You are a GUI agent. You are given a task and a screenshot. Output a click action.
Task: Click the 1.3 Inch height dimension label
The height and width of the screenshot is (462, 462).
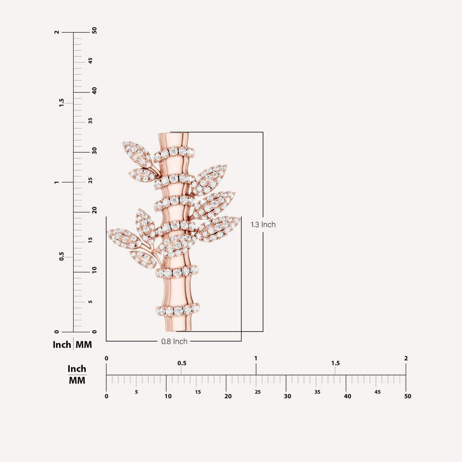click(263, 224)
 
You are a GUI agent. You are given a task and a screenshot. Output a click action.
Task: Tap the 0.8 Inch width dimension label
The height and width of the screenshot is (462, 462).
click(174, 341)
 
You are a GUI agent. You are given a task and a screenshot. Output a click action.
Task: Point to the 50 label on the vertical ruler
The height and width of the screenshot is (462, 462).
click(94, 30)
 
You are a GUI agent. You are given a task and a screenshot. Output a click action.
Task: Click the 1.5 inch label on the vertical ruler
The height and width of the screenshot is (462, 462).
click(61, 103)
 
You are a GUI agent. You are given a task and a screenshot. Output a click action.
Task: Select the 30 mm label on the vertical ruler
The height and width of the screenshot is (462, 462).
click(94, 151)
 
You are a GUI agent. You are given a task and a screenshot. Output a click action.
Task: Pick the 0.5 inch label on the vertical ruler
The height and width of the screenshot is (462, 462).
click(61, 256)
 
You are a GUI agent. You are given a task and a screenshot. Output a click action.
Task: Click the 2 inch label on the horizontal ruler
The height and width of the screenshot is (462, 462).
click(406, 358)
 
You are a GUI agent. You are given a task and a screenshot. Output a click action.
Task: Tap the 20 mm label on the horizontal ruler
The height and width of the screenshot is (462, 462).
click(228, 396)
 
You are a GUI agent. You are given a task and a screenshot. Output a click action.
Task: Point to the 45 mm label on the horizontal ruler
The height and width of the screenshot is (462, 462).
click(377, 392)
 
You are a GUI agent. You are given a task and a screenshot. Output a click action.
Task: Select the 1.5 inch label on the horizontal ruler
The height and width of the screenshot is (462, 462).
click(335, 363)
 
